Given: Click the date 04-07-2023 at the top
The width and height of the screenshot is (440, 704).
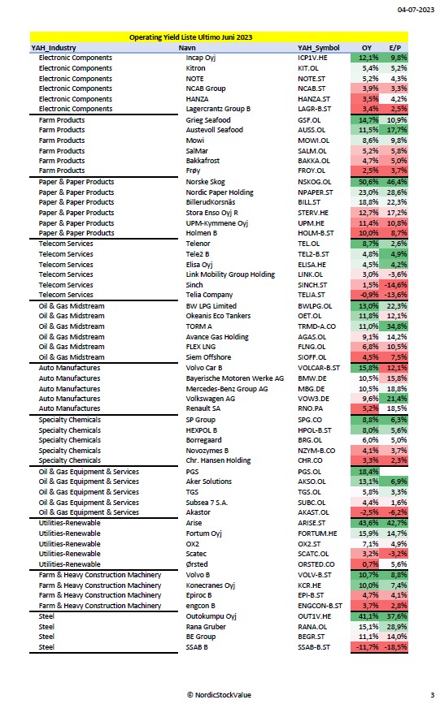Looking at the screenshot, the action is (416, 10).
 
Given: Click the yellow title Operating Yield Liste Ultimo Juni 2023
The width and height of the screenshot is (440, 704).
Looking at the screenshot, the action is (191, 37).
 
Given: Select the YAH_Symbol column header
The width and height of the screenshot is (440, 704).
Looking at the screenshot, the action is (319, 48).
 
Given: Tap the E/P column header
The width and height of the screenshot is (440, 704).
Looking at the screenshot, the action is (395, 48).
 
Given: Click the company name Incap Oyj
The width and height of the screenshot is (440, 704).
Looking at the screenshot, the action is (201, 58).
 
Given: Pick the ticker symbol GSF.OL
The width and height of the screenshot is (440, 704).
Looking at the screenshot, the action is (309, 120).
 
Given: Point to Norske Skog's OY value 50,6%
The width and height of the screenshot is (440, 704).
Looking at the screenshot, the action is (368, 182).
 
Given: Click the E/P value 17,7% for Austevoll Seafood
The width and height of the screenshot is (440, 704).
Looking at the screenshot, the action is (397, 130).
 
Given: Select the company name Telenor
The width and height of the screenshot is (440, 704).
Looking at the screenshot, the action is (198, 244).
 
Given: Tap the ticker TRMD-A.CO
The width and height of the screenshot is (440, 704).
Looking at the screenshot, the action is (316, 326).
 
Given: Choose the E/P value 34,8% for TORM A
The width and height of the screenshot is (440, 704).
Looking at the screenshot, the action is (397, 326).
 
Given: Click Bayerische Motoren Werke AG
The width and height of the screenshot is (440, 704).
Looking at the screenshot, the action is (235, 378).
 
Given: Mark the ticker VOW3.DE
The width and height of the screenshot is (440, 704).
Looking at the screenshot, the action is (314, 399).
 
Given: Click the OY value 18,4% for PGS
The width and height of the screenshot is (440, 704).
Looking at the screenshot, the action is (368, 472).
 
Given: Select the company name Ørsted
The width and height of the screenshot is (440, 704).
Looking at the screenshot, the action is (197, 564).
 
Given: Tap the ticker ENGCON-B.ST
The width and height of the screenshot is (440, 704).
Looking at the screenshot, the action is (320, 606).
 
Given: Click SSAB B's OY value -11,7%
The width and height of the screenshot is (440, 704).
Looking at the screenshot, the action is (367, 647).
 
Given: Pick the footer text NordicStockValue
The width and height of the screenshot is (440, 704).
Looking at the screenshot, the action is (223, 694).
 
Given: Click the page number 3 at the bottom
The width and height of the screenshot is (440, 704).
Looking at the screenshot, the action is (433, 694).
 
